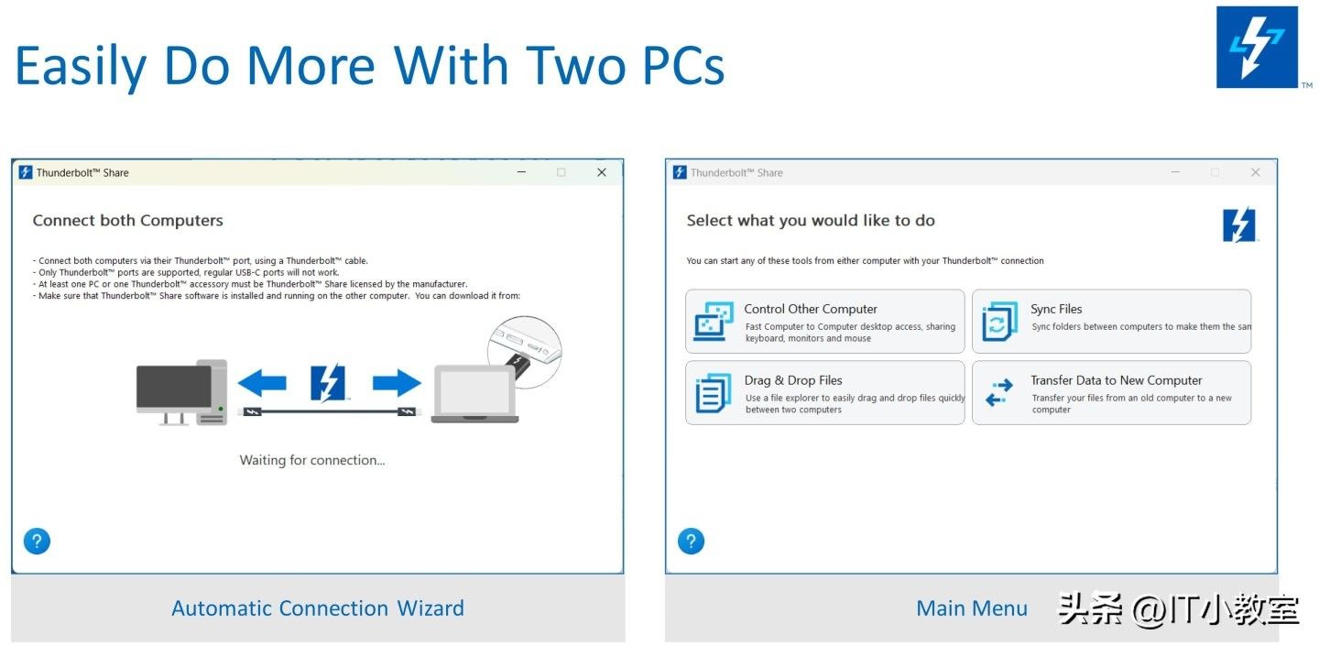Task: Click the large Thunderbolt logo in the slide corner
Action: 1257,47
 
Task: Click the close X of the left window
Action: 601,172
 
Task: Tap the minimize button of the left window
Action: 522,172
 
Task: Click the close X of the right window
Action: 1256,172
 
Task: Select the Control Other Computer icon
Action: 713,322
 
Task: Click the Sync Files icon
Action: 999,322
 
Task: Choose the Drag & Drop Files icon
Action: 713,393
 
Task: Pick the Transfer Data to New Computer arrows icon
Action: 999,393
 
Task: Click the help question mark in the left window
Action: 37,542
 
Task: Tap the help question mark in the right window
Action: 691,542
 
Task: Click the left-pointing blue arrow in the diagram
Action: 262,383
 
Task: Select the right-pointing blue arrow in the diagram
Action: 397,383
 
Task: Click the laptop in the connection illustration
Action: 474,394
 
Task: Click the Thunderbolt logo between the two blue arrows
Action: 328,383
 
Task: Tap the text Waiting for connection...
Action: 312,460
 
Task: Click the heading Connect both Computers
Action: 128,220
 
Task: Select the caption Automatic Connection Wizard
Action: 318,608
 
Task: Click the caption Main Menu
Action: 972,608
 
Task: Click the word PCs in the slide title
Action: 683,65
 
